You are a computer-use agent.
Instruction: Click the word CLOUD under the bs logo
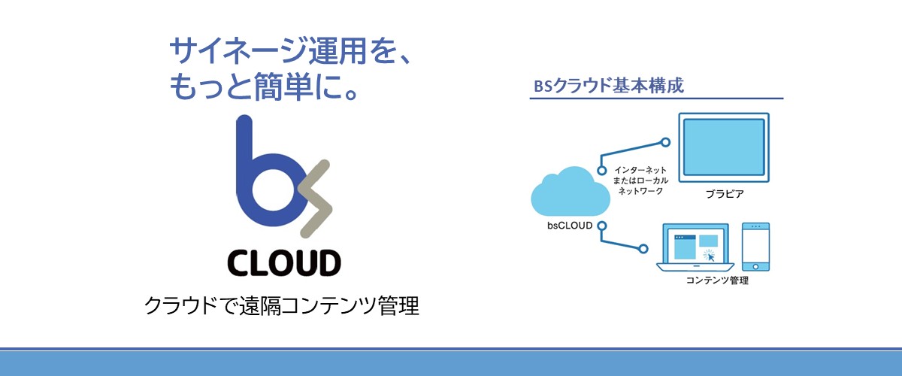click(284, 262)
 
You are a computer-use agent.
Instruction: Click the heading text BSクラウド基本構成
click(608, 86)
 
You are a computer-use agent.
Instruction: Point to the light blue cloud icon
click(571, 192)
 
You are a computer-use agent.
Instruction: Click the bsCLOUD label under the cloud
click(570, 226)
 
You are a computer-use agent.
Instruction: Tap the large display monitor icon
click(724, 147)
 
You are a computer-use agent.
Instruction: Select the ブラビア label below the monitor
click(725, 194)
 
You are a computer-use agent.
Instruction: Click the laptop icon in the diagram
click(695, 247)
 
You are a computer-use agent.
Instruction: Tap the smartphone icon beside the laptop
click(756, 247)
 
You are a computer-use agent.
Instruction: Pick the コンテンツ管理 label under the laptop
click(717, 280)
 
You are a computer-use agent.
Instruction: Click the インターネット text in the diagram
click(640, 170)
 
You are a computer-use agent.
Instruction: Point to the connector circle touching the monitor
click(666, 142)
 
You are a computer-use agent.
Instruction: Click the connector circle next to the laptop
click(643, 249)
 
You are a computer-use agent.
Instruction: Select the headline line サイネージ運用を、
click(290, 51)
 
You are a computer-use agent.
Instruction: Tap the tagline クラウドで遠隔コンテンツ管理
click(281, 305)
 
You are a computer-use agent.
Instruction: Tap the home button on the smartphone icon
click(755, 266)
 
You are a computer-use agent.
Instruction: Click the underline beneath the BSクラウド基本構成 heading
click(656, 98)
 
